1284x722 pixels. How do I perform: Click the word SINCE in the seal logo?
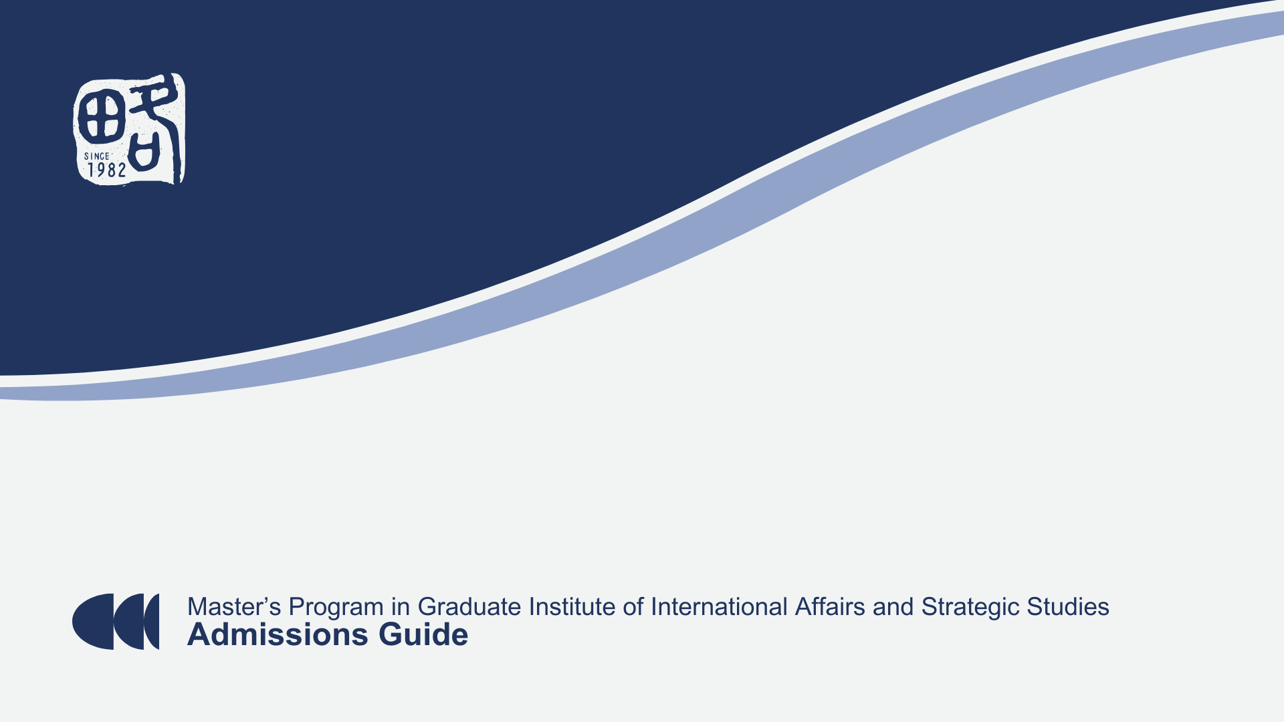click(96, 156)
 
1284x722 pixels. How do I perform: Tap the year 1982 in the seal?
click(106, 170)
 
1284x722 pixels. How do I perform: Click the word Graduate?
click(469, 607)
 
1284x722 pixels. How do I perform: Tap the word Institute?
click(572, 607)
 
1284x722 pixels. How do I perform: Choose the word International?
click(720, 607)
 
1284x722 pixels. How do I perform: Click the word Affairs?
click(830, 607)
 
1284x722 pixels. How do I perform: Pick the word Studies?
click(1068, 607)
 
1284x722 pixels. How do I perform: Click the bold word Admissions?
click(278, 634)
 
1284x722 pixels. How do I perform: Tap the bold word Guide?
click(423, 634)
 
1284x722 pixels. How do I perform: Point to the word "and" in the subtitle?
click(893, 607)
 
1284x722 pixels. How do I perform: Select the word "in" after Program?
click(401, 607)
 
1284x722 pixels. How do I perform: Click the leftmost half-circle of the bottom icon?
click(94, 622)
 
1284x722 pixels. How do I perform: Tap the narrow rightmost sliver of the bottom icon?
click(152, 622)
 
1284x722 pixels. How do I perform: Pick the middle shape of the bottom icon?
click(129, 622)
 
